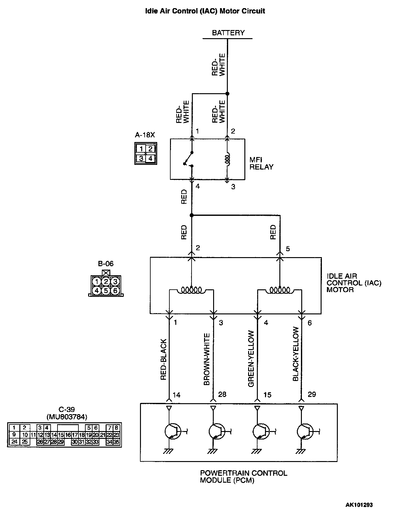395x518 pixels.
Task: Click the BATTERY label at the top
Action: click(x=228, y=33)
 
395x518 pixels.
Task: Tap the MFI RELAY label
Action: click(x=261, y=163)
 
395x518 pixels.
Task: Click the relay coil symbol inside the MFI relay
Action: click(x=227, y=160)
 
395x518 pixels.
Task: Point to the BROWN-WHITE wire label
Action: click(x=207, y=359)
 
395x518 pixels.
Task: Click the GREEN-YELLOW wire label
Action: click(x=251, y=359)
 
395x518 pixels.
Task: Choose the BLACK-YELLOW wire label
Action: click(x=296, y=354)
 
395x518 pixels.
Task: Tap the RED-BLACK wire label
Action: click(x=163, y=360)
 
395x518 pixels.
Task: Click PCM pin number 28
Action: click(x=222, y=394)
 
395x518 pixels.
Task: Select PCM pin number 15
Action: click(x=267, y=395)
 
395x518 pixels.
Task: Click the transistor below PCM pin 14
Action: click(x=172, y=432)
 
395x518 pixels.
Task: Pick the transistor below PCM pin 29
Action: click(x=305, y=432)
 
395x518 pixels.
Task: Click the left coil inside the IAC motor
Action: click(x=191, y=290)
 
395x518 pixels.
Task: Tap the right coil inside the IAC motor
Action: click(x=280, y=290)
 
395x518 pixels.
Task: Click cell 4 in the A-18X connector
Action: click(x=150, y=158)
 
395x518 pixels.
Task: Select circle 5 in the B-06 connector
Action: click(x=106, y=291)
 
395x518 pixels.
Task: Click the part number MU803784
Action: click(x=67, y=417)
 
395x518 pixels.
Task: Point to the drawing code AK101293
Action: click(x=359, y=505)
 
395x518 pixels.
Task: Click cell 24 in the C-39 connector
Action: click(x=14, y=442)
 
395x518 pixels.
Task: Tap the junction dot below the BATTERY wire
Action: click(x=227, y=94)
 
